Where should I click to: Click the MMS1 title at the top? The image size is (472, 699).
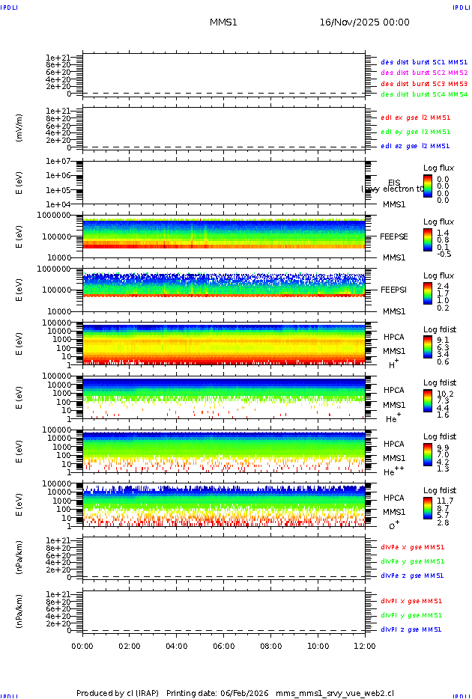223,22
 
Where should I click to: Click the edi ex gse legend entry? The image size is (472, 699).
415,117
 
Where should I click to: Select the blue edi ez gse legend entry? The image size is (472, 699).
415,146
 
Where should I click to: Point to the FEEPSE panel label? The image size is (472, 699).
393,236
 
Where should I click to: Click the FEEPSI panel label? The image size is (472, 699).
393,290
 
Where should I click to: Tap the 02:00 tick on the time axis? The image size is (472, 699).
130,646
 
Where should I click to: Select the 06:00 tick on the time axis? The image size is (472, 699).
224,646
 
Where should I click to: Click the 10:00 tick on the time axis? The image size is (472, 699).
318,646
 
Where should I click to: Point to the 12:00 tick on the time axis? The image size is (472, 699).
365,646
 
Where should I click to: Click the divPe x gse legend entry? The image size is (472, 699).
411,547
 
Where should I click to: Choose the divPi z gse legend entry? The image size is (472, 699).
411,629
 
